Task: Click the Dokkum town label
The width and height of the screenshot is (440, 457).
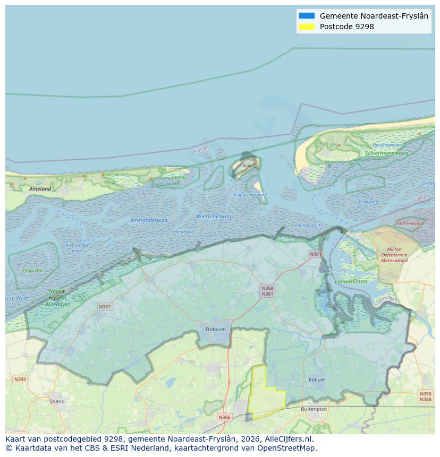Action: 216,329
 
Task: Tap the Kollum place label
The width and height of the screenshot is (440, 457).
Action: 317,380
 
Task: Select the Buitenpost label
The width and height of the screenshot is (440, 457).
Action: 314,409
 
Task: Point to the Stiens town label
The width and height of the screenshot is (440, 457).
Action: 56,401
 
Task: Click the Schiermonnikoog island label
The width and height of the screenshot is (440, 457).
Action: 386,153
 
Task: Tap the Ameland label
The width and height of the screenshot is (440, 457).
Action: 40,189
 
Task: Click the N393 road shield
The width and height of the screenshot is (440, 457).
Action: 20,379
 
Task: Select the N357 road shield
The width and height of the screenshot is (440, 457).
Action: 105,307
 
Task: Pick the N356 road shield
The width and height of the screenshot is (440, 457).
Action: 225,417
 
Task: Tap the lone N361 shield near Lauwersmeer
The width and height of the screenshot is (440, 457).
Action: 315,254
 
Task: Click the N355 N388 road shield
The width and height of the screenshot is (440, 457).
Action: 425,396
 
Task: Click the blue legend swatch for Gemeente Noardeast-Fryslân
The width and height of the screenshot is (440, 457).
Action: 307,16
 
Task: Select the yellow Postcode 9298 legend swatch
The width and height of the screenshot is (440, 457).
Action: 307,27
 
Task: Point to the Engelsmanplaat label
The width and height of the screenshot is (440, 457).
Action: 250,195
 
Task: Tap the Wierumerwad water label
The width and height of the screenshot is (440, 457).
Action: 214,217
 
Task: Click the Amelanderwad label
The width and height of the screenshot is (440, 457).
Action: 149,220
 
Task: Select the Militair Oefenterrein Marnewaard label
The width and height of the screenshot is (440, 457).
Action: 394,255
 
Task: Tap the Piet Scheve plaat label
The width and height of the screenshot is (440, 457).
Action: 77,248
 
